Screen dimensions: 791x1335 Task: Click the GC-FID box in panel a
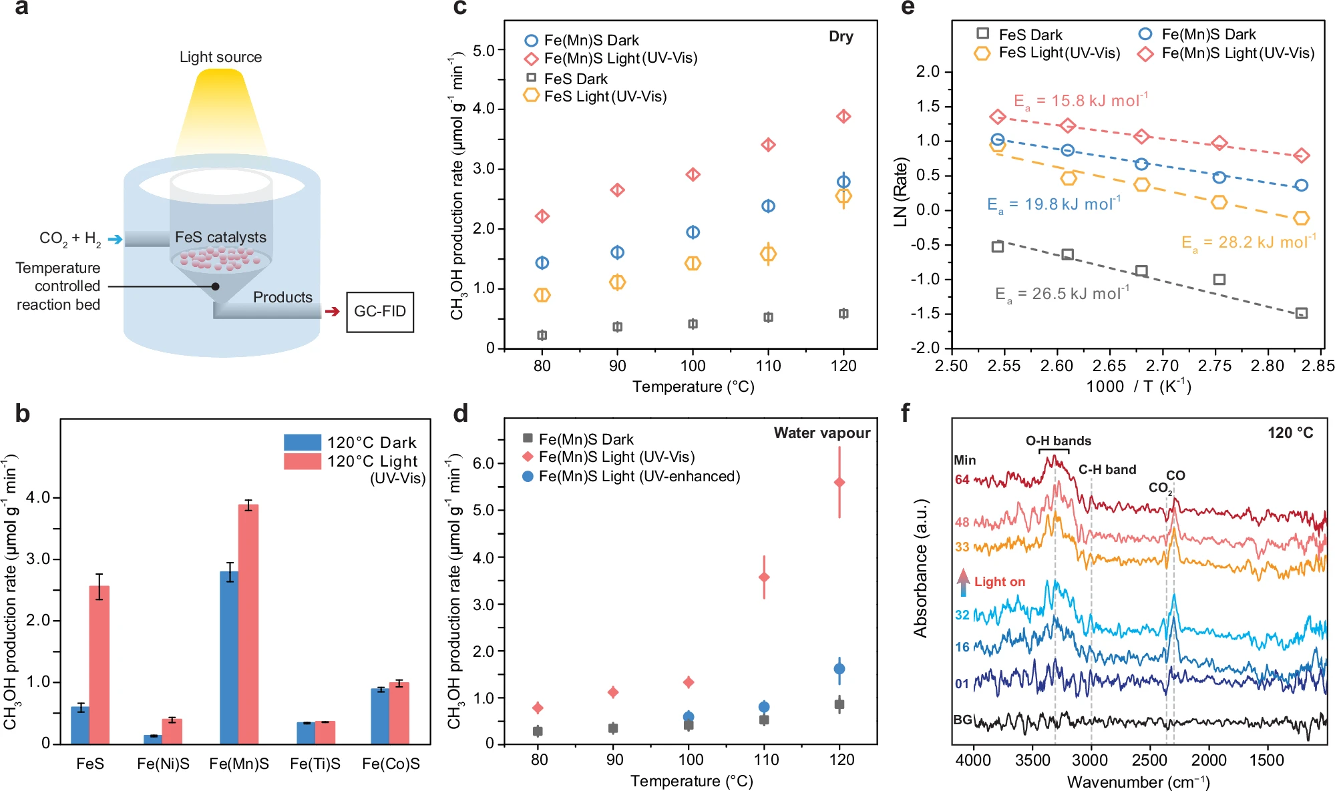pyautogui.click(x=379, y=312)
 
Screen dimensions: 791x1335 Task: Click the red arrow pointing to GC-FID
pyautogui.click(x=332, y=312)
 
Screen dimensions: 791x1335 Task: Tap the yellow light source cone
pyautogui.click(x=221, y=110)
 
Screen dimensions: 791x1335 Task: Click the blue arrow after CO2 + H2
pyautogui.click(x=115, y=239)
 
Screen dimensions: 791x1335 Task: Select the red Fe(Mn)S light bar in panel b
pyautogui.click(x=248, y=624)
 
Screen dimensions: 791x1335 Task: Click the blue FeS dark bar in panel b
pyautogui.click(x=80, y=726)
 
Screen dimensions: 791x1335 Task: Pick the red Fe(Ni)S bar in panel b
pyautogui.click(x=172, y=731)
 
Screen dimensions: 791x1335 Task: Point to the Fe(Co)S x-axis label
pyautogui.click(x=391, y=764)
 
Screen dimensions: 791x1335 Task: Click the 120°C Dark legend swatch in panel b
pyautogui.click(x=302, y=443)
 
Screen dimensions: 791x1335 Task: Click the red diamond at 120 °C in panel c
pyautogui.click(x=843, y=116)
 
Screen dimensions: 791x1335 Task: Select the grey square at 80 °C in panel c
pyautogui.click(x=542, y=335)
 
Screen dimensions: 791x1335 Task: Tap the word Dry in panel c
pyautogui.click(x=841, y=37)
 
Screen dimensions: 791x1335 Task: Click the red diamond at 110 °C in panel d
pyautogui.click(x=764, y=577)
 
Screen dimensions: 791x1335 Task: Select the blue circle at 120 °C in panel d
pyautogui.click(x=839, y=669)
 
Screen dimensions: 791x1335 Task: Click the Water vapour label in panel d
pyautogui.click(x=821, y=433)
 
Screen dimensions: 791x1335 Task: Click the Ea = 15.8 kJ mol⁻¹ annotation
pyautogui.click(x=1081, y=101)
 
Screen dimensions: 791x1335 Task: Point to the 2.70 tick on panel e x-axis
pyautogui.click(x=1162, y=366)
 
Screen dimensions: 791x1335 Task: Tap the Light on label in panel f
pyautogui.click(x=999, y=581)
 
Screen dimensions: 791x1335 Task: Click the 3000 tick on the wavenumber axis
pyautogui.click(x=1091, y=760)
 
